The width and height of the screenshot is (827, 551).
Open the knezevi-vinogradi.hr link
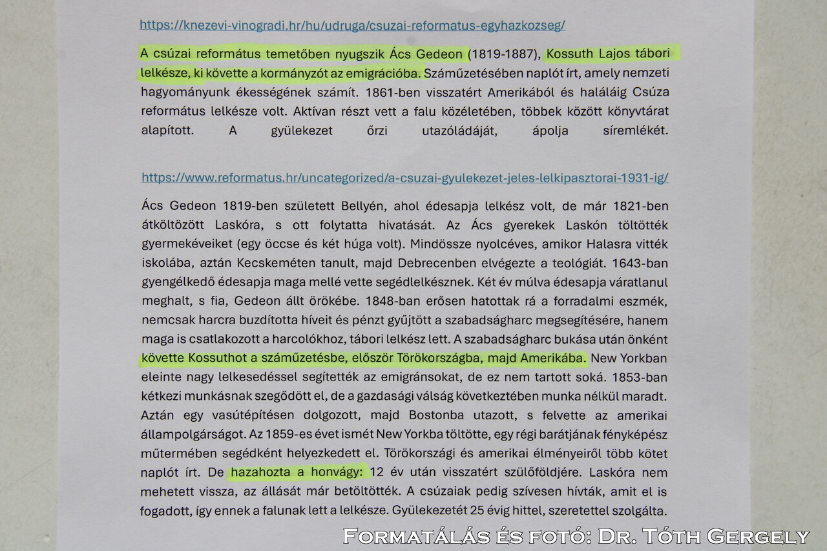tap(352, 26)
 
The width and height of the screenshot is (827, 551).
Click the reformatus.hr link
tap(404, 178)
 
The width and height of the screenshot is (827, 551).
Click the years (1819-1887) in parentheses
tap(503, 54)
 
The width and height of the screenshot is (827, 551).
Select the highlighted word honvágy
tap(338, 472)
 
